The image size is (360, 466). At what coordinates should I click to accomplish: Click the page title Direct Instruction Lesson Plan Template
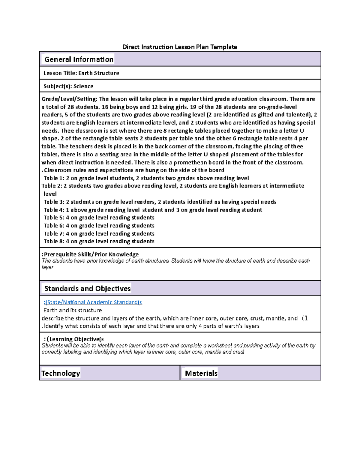(180, 47)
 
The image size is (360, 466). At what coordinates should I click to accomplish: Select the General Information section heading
(79, 59)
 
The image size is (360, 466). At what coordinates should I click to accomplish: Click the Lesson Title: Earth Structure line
(81, 73)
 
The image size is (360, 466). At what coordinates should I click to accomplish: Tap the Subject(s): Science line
(68, 86)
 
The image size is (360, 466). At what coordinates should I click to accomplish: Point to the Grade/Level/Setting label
(69, 99)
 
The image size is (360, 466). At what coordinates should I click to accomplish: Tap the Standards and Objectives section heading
(87, 289)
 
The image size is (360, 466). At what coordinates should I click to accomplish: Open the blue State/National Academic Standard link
(93, 302)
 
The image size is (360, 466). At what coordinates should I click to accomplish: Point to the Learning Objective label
(75, 339)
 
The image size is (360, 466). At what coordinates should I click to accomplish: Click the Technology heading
(61, 373)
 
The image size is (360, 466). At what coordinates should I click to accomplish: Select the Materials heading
(201, 373)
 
